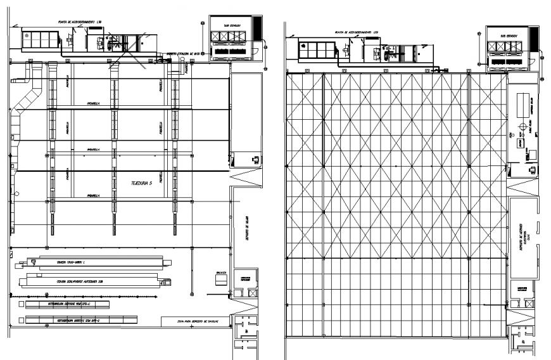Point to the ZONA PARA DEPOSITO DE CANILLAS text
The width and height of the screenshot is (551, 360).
pyautogui.click(x=198, y=323)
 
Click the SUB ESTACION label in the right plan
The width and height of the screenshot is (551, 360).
pyautogui.click(x=509, y=37)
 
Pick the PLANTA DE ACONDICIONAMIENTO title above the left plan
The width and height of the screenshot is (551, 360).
pyautogui.click(x=80, y=21)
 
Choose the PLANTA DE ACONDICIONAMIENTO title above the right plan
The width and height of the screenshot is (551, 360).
pyautogui.click(x=357, y=30)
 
